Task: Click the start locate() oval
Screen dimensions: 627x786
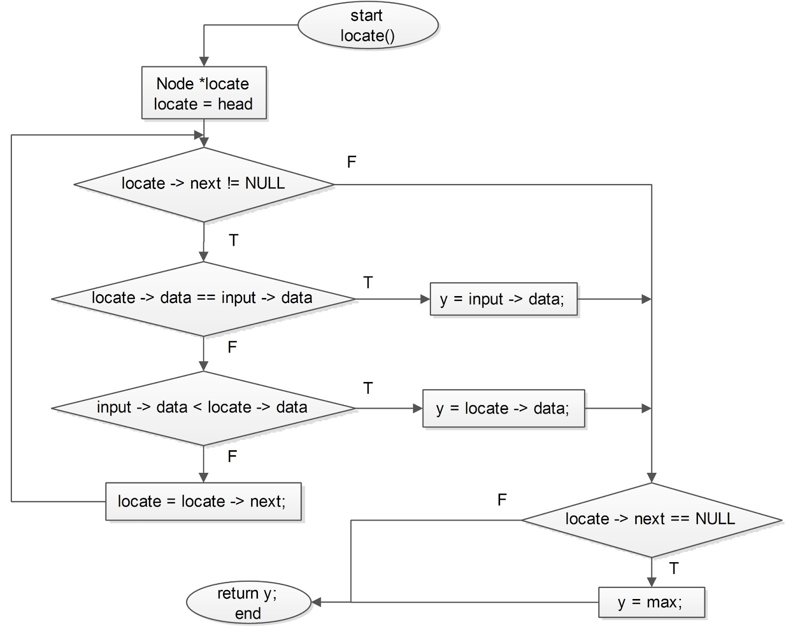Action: [x=367, y=26]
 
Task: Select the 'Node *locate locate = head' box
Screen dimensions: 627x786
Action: [x=203, y=93]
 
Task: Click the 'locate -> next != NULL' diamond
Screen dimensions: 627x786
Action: [x=203, y=184]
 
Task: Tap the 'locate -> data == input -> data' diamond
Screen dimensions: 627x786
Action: [x=202, y=299]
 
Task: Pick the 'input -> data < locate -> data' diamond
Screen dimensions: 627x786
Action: [x=202, y=408]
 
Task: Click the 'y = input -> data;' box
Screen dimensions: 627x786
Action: [x=503, y=299]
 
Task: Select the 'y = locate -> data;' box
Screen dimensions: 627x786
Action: [x=503, y=409]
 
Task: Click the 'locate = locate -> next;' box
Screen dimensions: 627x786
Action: [x=202, y=501]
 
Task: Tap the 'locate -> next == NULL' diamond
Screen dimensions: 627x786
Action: [x=650, y=519]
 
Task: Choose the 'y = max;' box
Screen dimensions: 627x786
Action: [x=650, y=602]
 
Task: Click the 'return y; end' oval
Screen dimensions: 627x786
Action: [x=248, y=602]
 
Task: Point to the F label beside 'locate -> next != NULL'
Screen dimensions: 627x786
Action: [x=351, y=162]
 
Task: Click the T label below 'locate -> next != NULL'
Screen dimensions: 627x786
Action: [x=233, y=241]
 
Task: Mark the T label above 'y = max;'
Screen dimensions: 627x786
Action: [x=674, y=569]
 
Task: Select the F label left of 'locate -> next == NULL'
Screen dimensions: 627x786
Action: [x=502, y=500]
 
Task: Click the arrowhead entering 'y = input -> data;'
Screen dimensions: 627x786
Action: [x=425, y=299]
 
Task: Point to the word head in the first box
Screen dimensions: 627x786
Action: [x=235, y=104]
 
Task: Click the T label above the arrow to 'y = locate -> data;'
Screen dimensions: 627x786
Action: [x=368, y=388]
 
